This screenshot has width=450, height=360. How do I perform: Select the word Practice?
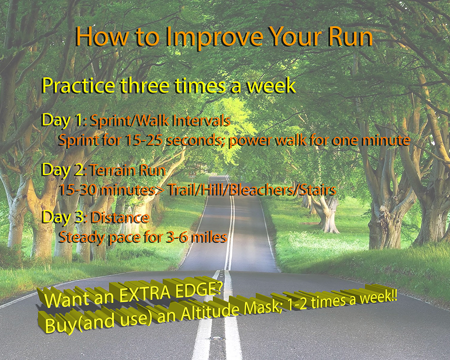[78, 85]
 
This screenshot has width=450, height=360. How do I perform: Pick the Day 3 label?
[64, 217]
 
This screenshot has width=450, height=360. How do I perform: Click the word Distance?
[120, 218]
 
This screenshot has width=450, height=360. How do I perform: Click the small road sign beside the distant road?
[192, 174]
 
